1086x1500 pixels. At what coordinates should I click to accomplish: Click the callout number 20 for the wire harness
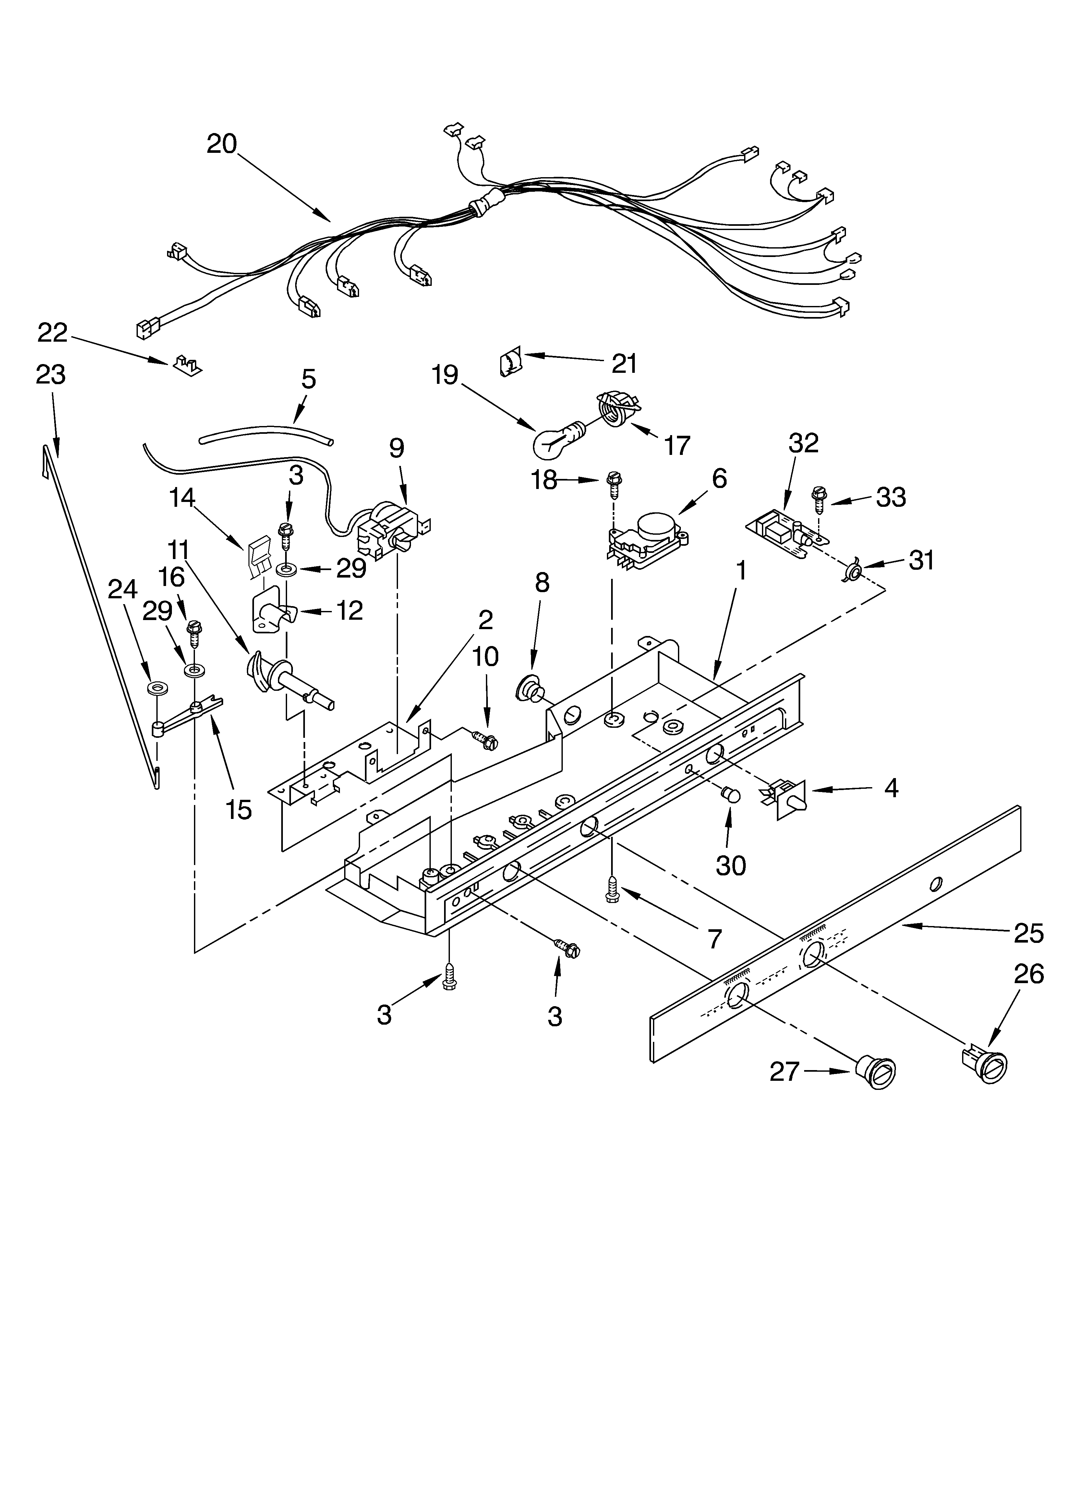coord(222,143)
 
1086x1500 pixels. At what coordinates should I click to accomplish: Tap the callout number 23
coord(51,374)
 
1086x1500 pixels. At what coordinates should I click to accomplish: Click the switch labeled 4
coord(787,799)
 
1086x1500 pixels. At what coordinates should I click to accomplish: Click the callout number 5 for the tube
coord(308,379)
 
